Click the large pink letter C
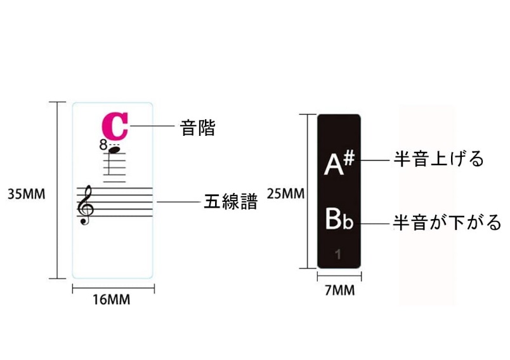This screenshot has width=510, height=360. click(115, 126)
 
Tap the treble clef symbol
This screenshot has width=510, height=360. click(84, 204)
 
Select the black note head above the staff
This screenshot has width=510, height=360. click(115, 150)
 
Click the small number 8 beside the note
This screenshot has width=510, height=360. click(103, 145)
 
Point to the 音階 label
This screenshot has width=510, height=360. click(198, 128)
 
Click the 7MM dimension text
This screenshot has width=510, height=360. click(339, 291)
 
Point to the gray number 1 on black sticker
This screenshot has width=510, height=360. click(339, 255)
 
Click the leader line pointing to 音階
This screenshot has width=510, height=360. click(152, 126)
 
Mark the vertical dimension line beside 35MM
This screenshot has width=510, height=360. click(58, 190)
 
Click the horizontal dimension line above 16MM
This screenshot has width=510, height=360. click(113, 288)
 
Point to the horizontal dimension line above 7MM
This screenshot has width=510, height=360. click(339, 276)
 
